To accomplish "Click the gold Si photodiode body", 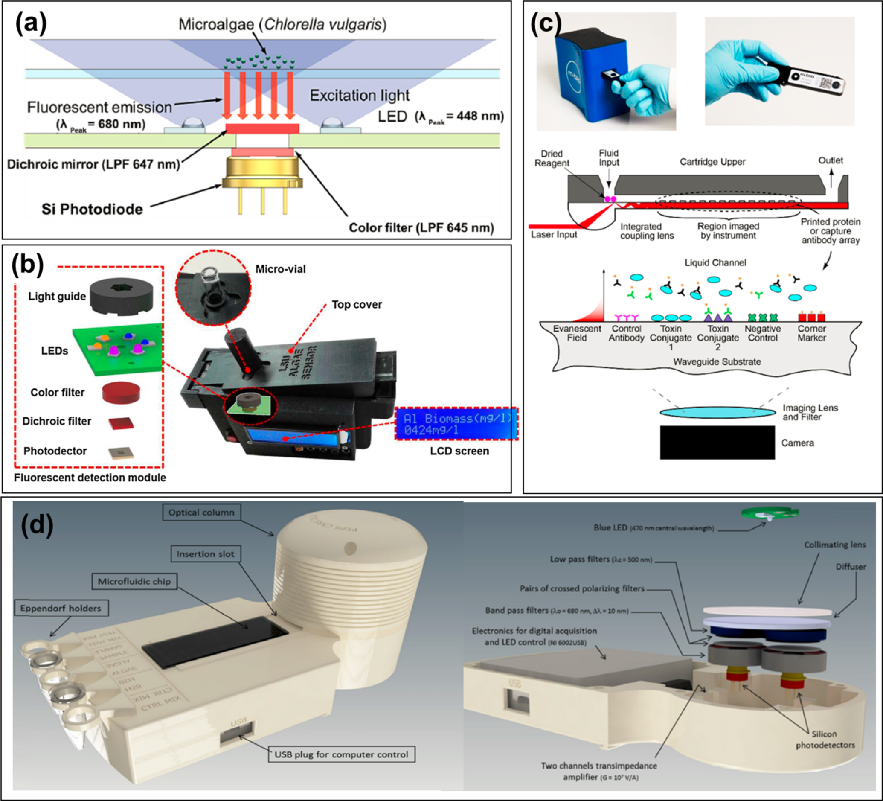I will (x=262, y=174).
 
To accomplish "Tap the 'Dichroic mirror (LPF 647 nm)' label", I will (x=94, y=164).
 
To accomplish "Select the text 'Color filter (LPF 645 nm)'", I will (x=421, y=228).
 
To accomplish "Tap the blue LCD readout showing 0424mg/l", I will (x=456, y=424).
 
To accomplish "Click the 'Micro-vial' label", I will (x=280, y=269).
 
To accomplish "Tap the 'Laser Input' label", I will (x=554, y=235).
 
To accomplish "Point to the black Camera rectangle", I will (x=717, y=443).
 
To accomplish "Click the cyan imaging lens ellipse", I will (x=717, y=412).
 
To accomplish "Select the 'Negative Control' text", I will (x=763, y=333).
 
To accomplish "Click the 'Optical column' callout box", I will (x=201, y=512).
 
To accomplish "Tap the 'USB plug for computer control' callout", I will (x=341, y=754).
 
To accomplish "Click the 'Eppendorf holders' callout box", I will (x=61, y=608).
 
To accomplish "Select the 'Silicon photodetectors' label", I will (x=825, y=740).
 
